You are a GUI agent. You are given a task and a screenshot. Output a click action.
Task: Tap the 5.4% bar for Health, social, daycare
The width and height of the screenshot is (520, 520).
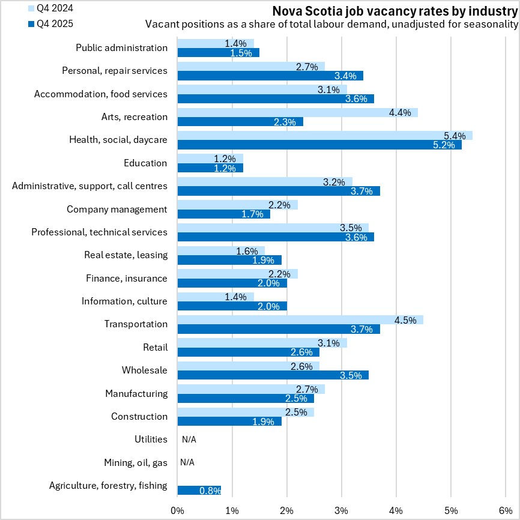tap(325, 135)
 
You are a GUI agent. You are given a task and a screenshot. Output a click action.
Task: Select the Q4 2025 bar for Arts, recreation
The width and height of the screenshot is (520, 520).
tap(240, 121)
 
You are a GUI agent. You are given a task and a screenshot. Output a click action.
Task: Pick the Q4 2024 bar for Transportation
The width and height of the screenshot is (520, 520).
tap(300, 319)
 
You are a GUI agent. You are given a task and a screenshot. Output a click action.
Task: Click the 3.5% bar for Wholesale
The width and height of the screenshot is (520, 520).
tap(273, 375)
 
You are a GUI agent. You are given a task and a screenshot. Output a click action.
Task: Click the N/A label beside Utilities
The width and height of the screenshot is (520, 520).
tap(189, 440)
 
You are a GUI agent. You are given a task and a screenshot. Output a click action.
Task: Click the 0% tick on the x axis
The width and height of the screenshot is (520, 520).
tap(178, 510)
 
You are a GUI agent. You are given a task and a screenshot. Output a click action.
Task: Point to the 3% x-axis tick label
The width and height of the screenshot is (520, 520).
tap(342, 510)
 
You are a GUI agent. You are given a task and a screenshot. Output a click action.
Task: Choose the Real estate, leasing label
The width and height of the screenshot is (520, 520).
tap(125, 255)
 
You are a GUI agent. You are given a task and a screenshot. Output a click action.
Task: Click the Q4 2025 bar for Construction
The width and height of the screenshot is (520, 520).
tap(229, 421)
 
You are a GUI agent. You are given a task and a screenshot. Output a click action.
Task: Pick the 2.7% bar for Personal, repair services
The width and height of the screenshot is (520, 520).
tap(251, 66)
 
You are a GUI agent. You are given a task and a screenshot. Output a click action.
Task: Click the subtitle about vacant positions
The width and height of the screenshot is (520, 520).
tap(331, 25)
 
